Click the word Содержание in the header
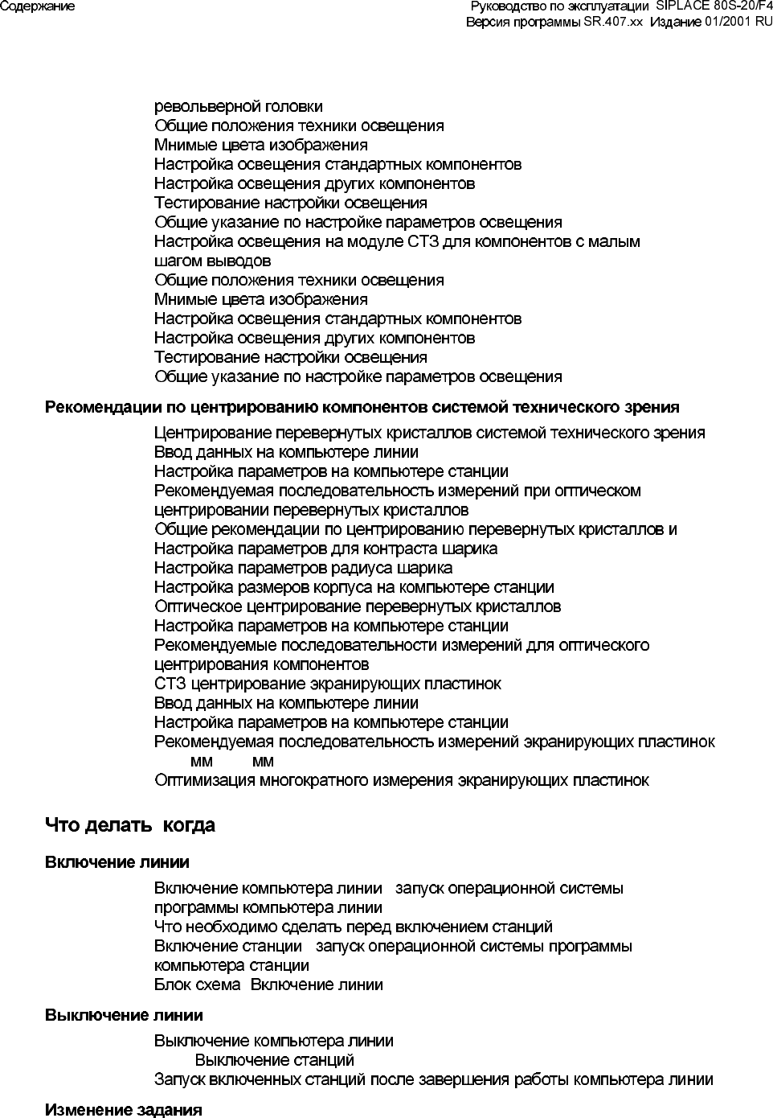[38, 6]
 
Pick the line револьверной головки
[239, 106]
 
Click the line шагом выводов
[212, 261]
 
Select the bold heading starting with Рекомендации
[362, 407]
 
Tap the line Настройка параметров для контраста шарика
[325, 549]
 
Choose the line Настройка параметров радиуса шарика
[303, 568]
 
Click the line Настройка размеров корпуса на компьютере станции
[354, 587]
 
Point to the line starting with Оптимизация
[401, 780]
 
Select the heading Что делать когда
[130, 825]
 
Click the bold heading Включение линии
[117, 862]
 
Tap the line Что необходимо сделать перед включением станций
[353, 927]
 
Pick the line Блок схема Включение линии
[268, 984]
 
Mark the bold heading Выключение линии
[124, 1015]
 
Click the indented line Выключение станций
[274, 1060]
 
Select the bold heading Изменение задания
[123, 1110]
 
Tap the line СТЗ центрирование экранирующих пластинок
[327, 684]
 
